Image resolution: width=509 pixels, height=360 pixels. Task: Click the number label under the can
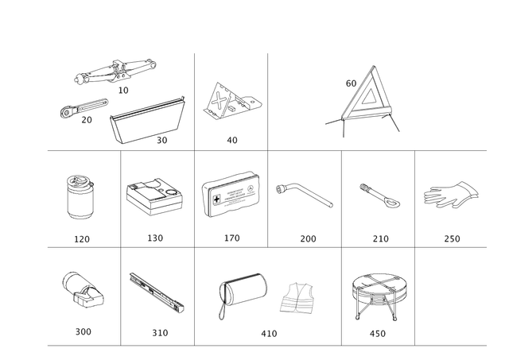pyautogui.click(x=81, y=238)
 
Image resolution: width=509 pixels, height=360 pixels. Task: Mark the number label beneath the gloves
pyautogui.click(x=451, y=238)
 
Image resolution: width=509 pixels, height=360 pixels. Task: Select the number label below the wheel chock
pyautogui.click(x=231, y=141)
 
